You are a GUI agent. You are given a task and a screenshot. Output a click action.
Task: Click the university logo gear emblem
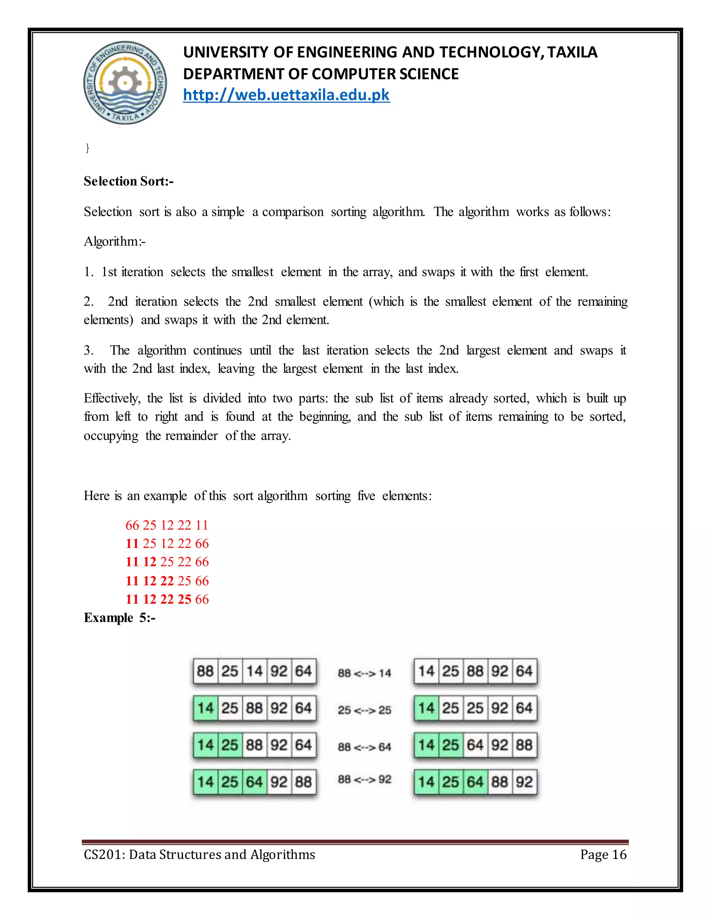[x=125, y=83]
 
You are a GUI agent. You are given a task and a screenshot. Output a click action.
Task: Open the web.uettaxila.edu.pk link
[x=286, y=95]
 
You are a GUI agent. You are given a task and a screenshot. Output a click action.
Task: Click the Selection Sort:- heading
[x=128, y=181]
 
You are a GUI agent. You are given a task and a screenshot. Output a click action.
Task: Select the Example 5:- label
[x=120, y=618]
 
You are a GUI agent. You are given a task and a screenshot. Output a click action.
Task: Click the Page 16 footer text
[x=603, y=854]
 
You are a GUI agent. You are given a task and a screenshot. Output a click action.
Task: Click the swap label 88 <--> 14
[x=364, y=673]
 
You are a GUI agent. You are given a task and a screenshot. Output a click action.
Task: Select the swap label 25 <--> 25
[x=364, y=710]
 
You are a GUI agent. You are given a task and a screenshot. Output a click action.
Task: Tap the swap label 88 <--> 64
[x=364, y=747]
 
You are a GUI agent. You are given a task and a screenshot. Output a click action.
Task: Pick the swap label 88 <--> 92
[x=364, y=780]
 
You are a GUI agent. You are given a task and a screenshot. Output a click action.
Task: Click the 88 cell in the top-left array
[x=205, y=671]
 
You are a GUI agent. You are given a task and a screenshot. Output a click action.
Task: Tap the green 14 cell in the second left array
[x=205, y=708]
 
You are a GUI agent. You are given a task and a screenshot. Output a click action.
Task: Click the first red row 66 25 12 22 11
[x=166, y=525]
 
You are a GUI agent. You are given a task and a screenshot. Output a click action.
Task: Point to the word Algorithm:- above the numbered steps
[x=114, y=241]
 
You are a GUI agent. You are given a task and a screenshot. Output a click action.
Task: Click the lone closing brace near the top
[x=87, y=148]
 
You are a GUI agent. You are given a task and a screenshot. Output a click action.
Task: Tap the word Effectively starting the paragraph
[x=112, y=398]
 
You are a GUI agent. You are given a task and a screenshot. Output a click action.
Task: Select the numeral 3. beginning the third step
[x=88, y=350]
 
